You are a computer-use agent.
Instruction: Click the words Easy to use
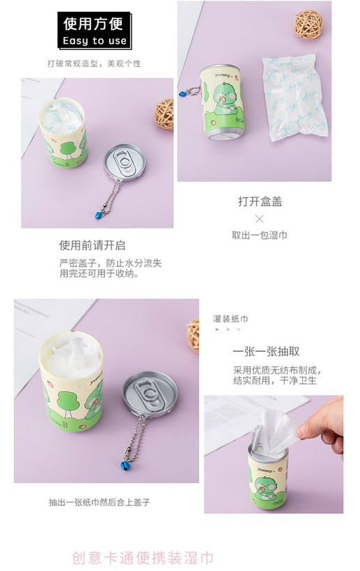point(95,40)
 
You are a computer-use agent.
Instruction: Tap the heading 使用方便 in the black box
point(93,24)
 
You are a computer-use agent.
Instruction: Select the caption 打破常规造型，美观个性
point(94,64)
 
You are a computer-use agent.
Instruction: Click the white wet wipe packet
point(295,98)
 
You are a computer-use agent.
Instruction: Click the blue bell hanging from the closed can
point(181,94)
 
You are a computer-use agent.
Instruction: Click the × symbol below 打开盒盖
point(259,219)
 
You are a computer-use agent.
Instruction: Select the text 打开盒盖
point(260,201)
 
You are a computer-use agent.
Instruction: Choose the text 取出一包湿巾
point(260,235)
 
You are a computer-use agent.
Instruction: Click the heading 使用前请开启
point(93,245)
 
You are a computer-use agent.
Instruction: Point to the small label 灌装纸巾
point(230,319)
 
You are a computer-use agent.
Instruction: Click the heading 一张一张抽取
point(266,352)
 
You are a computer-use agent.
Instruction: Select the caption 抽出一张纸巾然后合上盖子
point(100,503)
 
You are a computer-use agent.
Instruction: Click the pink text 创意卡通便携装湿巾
point(142,558)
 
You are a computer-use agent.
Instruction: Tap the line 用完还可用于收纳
point(98,274)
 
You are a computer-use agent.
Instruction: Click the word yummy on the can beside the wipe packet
point(222,75)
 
